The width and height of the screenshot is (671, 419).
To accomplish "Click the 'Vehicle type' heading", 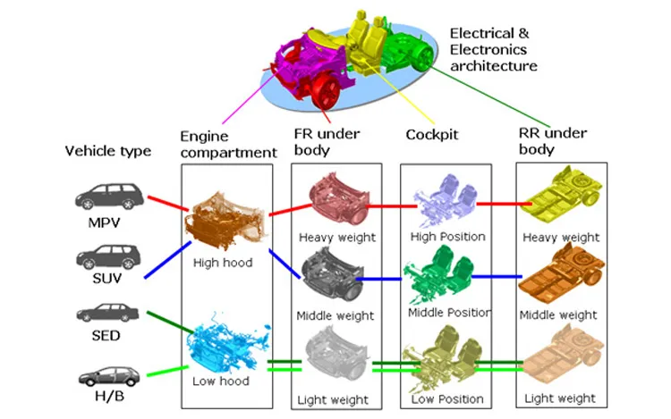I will pos(108,151).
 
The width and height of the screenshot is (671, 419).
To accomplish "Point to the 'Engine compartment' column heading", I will pos(228,144).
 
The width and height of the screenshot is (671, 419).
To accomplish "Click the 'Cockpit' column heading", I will pos(431,133).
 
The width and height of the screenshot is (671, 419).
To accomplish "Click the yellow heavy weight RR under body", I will pos(561,204).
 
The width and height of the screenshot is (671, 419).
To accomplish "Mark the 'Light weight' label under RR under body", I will pos(561,398).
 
